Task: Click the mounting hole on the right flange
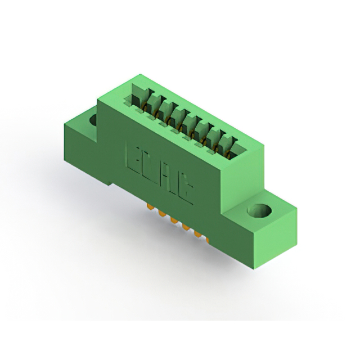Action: point(260,211)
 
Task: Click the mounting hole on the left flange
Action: point(92,119)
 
